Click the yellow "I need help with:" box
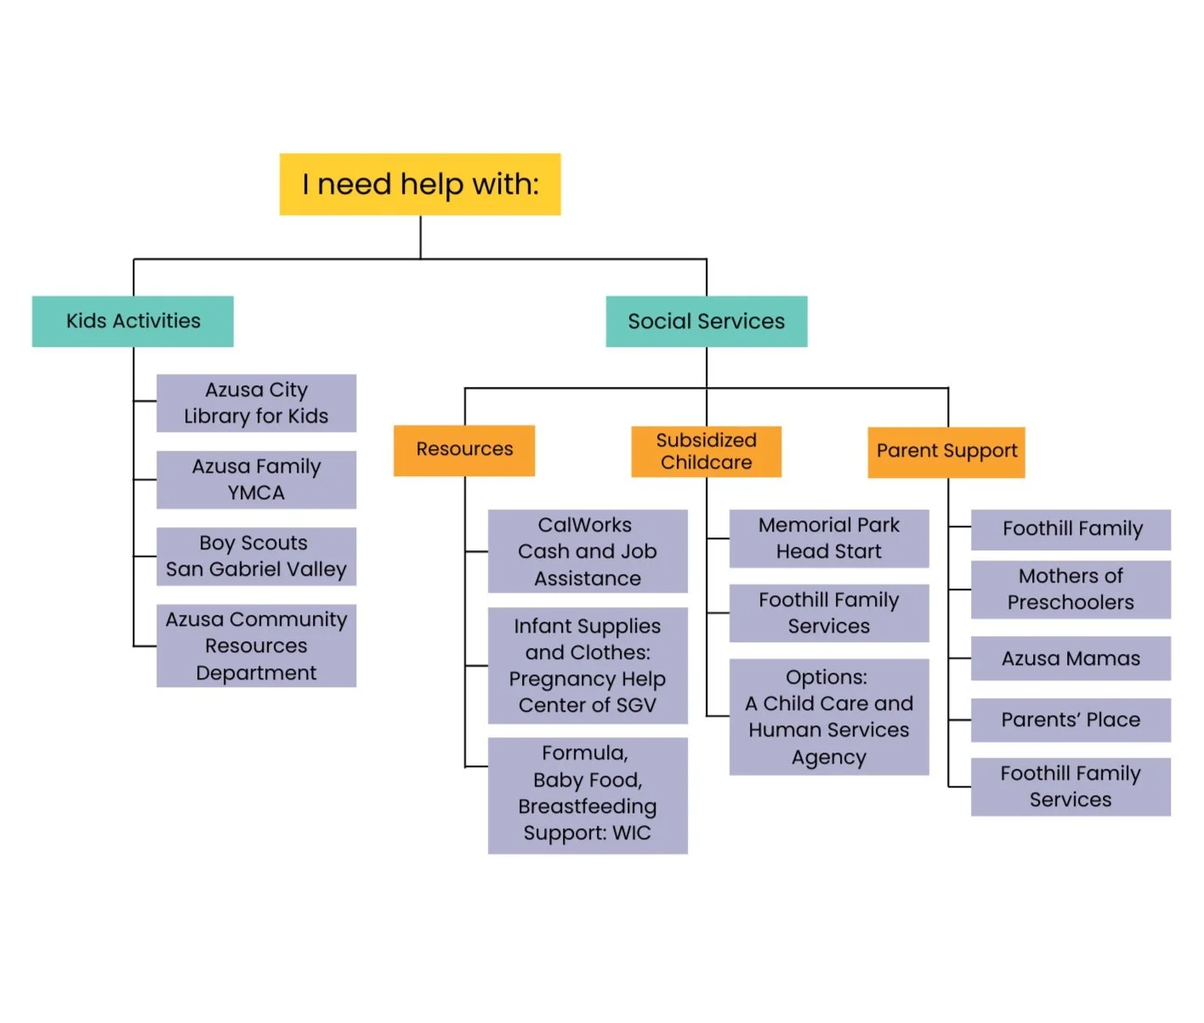pos(420,185)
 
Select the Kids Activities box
pos(133,321)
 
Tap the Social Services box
pos(706,321)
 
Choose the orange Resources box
pos(464,450)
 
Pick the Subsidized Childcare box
pos(706,452)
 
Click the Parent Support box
pos(946,452)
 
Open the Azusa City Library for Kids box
pos(256,403)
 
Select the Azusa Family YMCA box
pos(256,480)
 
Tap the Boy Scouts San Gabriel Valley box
pos(256,556)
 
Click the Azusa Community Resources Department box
pos(256,645)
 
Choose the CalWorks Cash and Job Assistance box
pos(588,551)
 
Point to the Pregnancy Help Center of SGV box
pos(588,666)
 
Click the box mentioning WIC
pos(588,795)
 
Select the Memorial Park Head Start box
pos(829,538)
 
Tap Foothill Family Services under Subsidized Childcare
pos(829,613)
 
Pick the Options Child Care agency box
pos(829,717)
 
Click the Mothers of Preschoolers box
pos(1071,589)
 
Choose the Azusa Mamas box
pos(1071,658)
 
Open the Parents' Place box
pos(1071,719)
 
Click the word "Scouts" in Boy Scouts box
pos(274,543)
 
